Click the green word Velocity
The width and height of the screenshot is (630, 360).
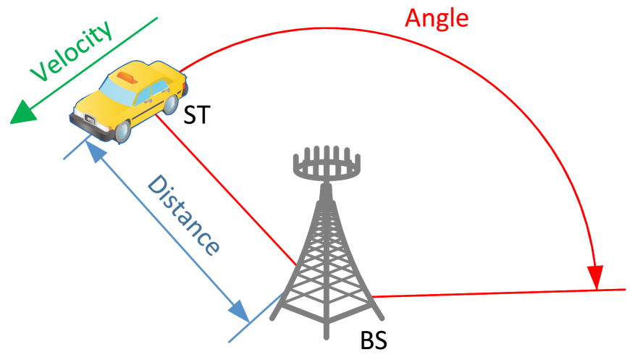pyautogui.click(x=72, y=51)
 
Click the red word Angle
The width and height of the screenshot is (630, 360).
pyautogui.click(x=437, y=17)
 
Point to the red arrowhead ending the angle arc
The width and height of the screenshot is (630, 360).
pyautogui.click(x=595, y=277)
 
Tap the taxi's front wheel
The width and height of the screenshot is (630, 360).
pyautogui.click(x=122, y=131)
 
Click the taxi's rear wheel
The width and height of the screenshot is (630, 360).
pyautogui.click(x=171, y=104)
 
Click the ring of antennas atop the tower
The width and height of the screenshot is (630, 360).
pyautogui.click(x=326, y=166)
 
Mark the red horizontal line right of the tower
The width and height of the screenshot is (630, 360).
pyautogui.click(x=500, y=293)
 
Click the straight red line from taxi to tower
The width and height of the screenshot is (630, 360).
pyautogui.click(x=224, y=188)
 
